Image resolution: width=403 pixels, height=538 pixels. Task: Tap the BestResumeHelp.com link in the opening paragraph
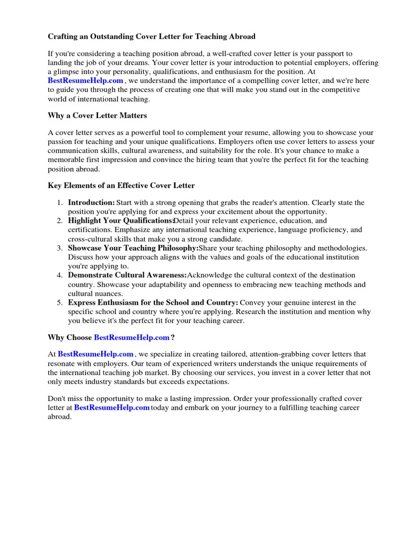pos(86,80)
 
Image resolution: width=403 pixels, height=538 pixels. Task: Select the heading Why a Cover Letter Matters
pos(98,115)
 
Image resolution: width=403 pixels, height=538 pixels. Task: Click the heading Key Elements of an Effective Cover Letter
pos(121,185)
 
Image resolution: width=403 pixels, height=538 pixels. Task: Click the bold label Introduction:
pos(91,202)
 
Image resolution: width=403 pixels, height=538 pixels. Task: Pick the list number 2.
pos(60,221)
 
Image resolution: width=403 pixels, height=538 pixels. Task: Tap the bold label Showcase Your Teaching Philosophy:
pos(133,248)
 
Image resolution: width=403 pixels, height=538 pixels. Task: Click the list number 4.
pos(60,275)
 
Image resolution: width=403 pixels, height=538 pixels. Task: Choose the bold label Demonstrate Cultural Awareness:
pos(127,275)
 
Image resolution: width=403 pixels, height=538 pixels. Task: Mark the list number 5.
pos(60,303)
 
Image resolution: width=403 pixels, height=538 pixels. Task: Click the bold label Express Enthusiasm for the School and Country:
pos(153,303)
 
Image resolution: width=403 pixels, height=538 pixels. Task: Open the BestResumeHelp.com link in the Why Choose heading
pos(132,337)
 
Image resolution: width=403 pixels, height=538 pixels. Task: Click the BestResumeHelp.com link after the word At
pos(96,355)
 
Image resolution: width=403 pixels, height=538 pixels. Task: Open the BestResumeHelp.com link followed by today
pos(112,408)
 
